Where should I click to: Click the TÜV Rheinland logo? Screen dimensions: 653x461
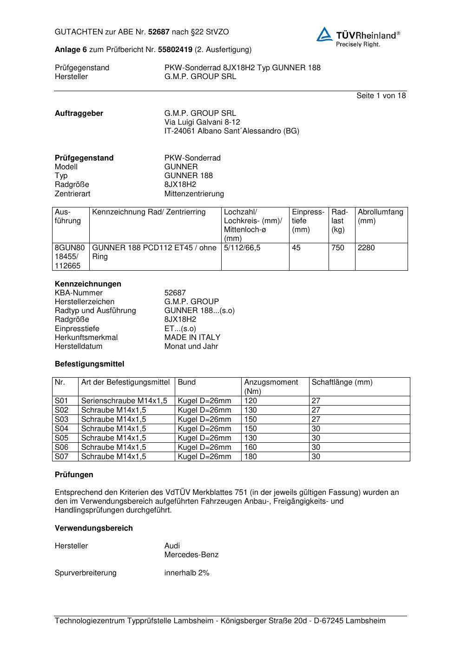[x=358, y=36]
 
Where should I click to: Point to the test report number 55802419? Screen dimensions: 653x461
[x=175, y=49]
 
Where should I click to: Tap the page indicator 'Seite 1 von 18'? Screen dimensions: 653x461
[x=381, y=96]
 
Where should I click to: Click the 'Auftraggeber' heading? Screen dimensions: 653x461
[x=79, y=113]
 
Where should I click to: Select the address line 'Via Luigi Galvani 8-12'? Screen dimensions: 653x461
[x=202, y=122]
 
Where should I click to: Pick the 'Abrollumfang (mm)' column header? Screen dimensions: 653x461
[x=380, y=216]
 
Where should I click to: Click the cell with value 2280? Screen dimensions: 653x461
[x=366, y=248]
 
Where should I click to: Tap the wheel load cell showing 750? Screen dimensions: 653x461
[x=338, y=248]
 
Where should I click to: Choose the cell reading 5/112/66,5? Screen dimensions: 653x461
[x=242, y=248]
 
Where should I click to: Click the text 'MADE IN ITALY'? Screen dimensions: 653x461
[x=192, y=338]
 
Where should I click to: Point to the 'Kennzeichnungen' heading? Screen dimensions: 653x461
[x=88, y=284]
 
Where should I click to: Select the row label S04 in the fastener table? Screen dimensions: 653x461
[x=61, y=429]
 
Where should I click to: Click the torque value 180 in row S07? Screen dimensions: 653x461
[x=250, y=457]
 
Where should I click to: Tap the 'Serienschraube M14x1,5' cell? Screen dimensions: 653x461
[x=124, y=401]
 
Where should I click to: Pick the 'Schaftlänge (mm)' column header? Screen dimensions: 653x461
[x=342, y=382]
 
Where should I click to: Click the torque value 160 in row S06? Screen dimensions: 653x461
[x=250, y=447]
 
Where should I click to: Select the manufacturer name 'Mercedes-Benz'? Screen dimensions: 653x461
[x=191, y=555]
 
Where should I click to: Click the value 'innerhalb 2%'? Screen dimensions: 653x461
[x=187, y=573]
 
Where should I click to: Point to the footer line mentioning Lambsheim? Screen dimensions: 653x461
[x=220, y=621]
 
